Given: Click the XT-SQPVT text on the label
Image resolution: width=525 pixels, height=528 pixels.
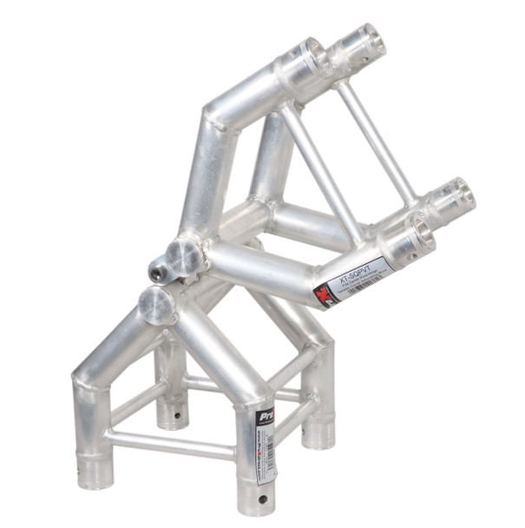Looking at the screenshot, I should click(359, 272).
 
